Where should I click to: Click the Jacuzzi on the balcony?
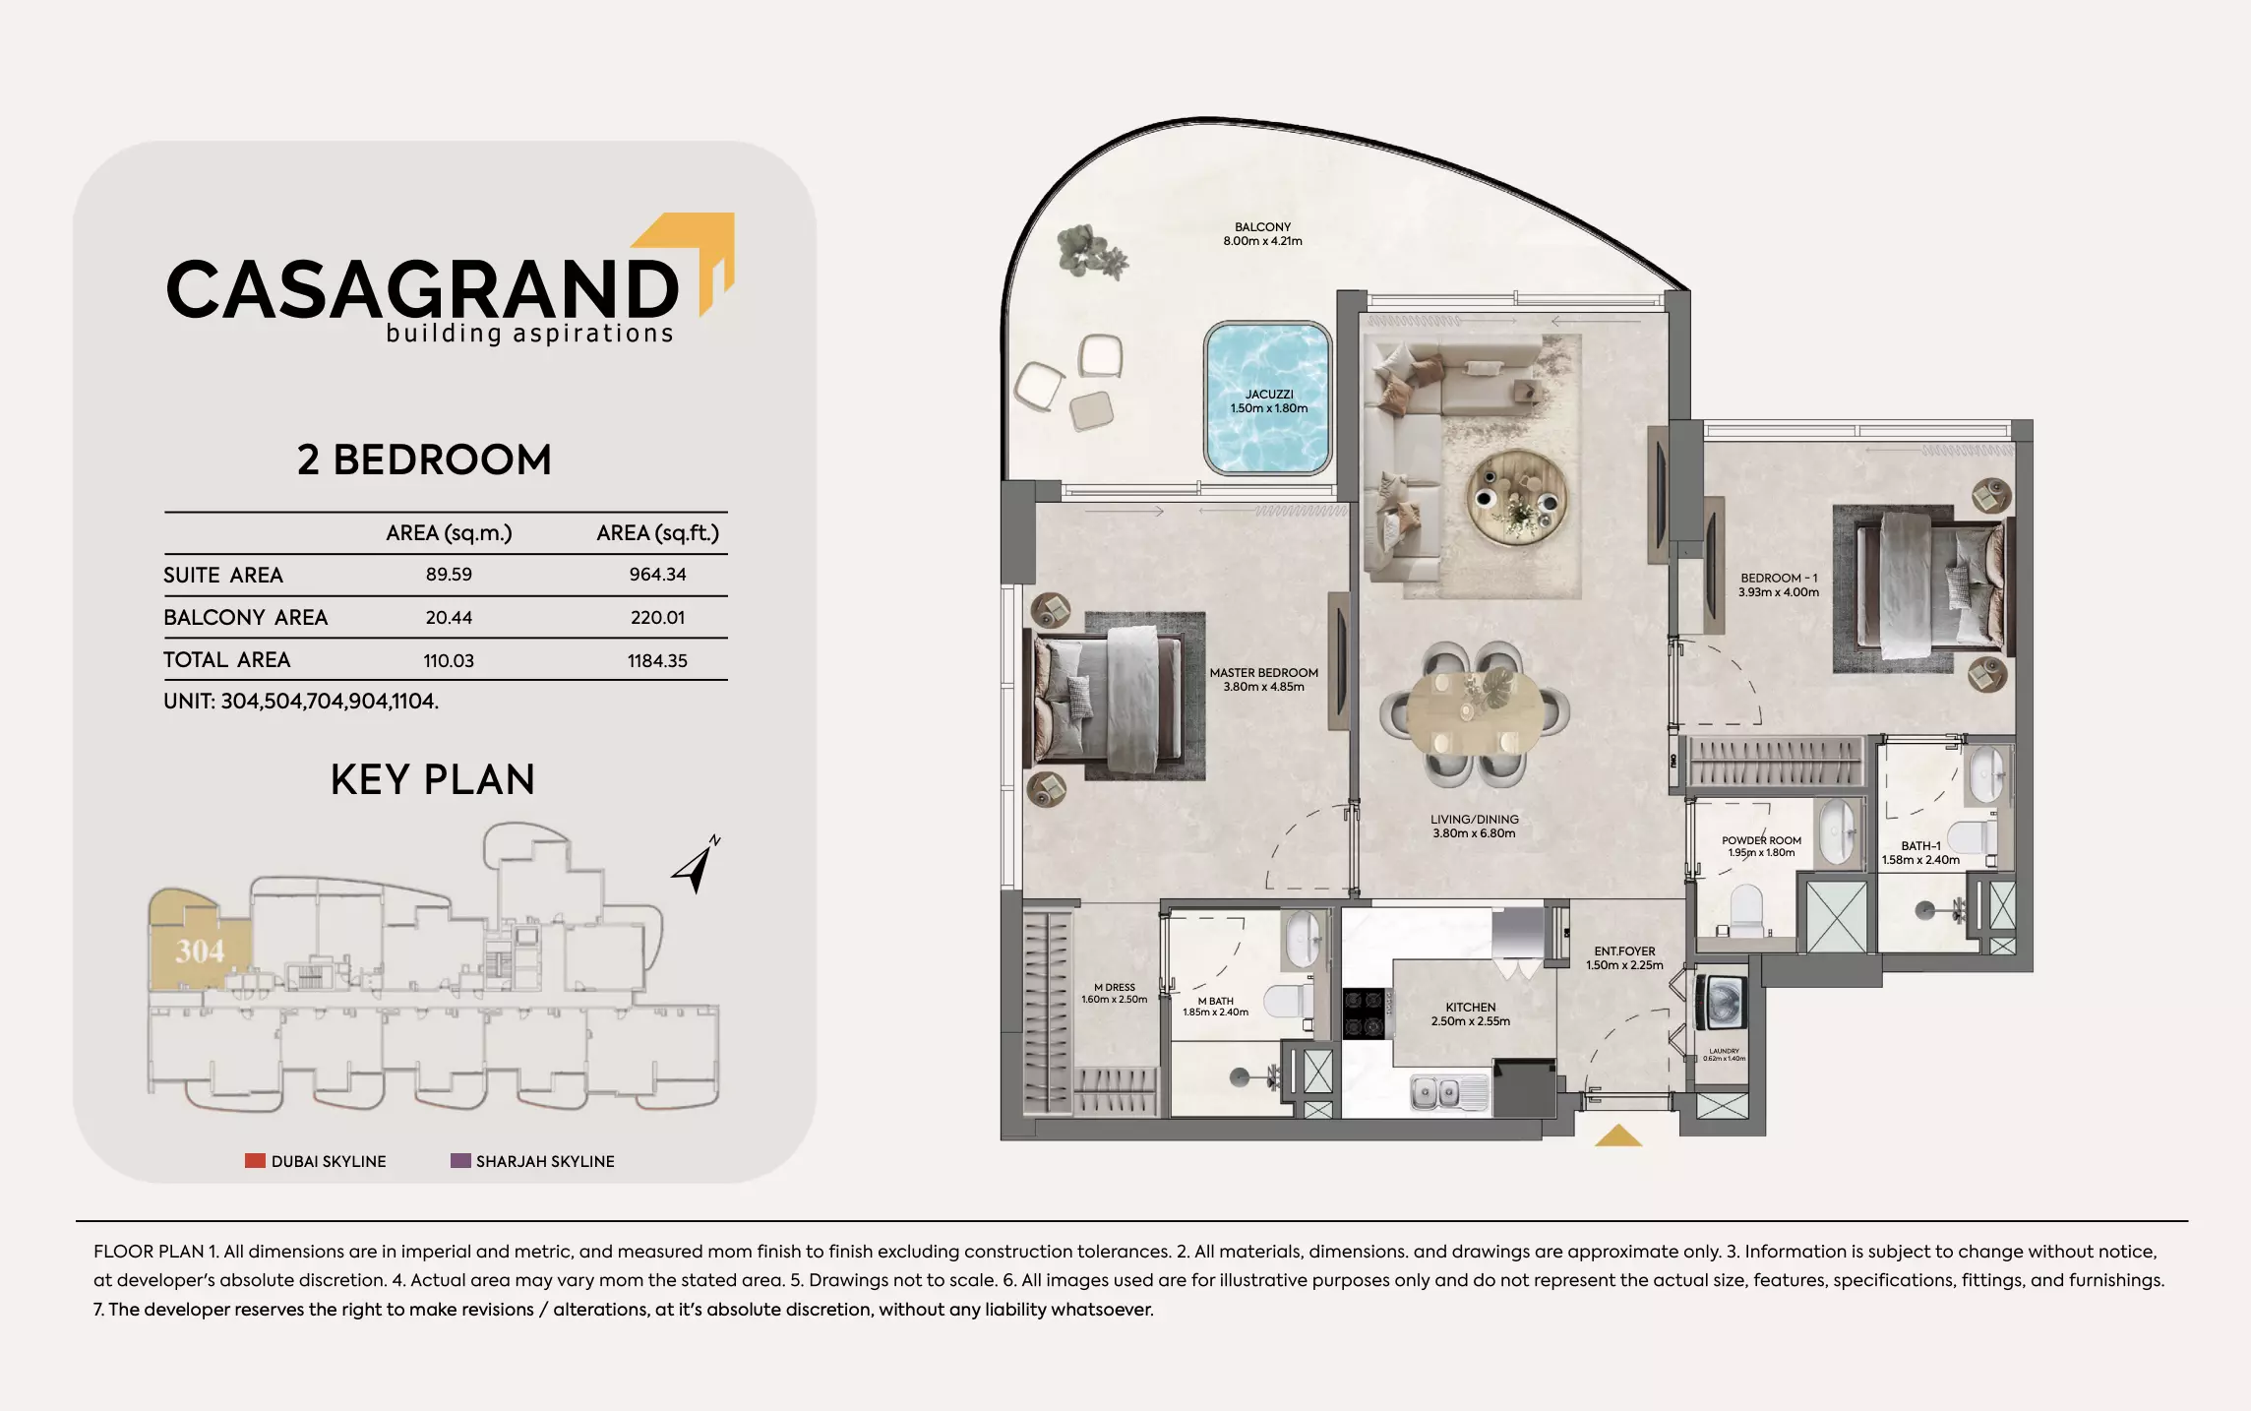click(1268, 399)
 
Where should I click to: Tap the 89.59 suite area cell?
click(449, 575)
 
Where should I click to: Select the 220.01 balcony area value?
click(657, 618)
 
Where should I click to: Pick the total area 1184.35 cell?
click(657, 661)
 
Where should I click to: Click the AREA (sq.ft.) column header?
click(657, 533)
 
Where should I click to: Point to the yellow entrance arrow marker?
click(1618, 1136)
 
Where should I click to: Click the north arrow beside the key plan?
click(697, 865)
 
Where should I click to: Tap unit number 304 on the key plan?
click(200, 951)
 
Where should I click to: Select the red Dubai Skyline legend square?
click(255, 1161)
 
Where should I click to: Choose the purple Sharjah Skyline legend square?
click(460, 1161)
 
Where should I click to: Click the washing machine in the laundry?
click(1723, 1004)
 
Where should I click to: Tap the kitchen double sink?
click(1437, 1092)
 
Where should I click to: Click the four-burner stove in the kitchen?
click(1364, 1013)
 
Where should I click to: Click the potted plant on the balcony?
click(1090, 252)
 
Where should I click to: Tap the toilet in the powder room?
click(1747, 910)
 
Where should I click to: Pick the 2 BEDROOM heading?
click(424, 460)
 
